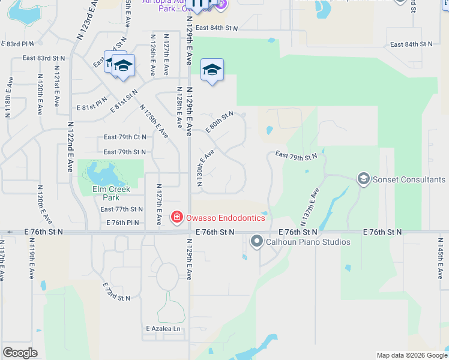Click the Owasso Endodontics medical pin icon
tap(176, 217)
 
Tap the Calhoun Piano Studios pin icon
tap(257, 242)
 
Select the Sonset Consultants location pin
tap(363, 179)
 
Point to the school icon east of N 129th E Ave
tap(212, 71)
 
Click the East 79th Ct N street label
tap(125, 137)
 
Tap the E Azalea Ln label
tap(163, 329)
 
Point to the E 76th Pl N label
tap(123, 223)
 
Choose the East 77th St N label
tap(122, 209)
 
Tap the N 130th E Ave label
tap(205, 167)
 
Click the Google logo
tap(20, 353)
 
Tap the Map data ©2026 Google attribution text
tap(411, 355)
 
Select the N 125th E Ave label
tap(154, 122)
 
